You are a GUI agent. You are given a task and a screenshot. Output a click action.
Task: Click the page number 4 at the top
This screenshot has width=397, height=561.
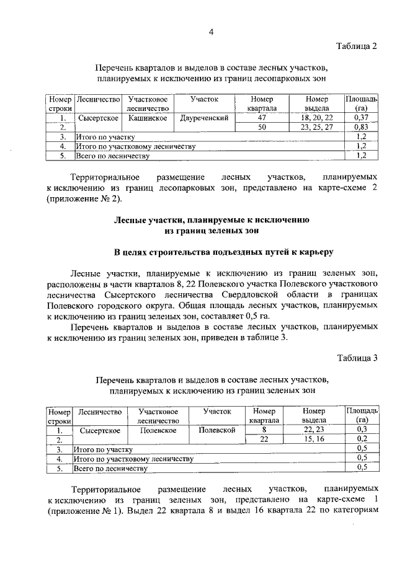211,33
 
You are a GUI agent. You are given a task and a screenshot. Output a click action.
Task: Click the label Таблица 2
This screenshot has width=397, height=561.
357,46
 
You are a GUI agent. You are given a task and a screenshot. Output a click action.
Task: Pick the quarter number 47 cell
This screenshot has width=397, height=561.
262,118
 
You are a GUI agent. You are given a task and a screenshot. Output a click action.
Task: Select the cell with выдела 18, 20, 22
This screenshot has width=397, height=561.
316,118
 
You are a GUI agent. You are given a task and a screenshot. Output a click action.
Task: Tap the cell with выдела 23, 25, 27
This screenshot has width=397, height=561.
316,127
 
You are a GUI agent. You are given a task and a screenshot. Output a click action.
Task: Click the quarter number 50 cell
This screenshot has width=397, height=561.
262,127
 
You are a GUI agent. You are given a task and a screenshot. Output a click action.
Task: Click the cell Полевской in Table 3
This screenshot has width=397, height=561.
216,430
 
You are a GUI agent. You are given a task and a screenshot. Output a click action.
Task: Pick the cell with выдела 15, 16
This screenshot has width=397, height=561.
313,439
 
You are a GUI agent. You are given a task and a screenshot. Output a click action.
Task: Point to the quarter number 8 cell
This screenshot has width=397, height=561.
264,430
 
